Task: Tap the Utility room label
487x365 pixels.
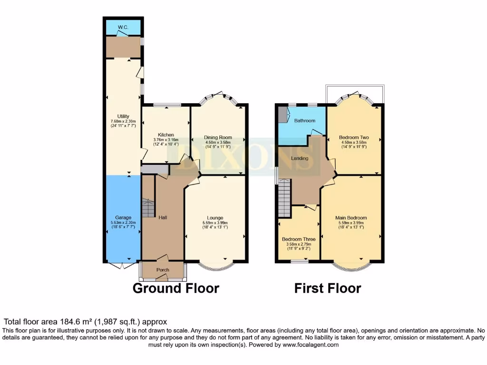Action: pos(123,116)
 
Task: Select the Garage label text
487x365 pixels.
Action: pos(123,217)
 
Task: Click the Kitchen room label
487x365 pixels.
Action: pos(166,135)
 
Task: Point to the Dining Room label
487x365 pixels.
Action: pos(218,137)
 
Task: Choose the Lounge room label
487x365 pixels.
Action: pos(215,218)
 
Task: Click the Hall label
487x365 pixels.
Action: pos(163,217)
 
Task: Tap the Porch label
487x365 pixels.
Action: pos(163,270)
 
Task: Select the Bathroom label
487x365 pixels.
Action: pos(305,121)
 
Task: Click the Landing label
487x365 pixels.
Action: pos(300,158)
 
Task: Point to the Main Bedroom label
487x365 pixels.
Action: pos(351,218)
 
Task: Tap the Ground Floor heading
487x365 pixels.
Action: pos(175,288)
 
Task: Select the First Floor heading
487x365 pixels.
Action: pos(328,288)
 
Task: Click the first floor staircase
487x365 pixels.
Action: pos(284,197)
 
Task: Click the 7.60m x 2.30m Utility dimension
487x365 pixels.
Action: pos(123,121)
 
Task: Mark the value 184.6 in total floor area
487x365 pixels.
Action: pos(67,322)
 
